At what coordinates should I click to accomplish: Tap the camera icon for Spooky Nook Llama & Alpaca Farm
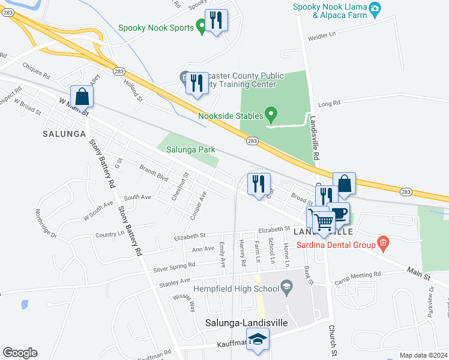coord(375,7)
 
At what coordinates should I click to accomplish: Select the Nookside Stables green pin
coord(271,113)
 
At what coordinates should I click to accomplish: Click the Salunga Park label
coord(190,150)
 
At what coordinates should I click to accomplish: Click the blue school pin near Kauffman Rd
coord(259,340)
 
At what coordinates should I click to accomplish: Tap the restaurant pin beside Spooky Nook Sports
coord(215,20)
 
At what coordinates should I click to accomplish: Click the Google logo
coord(20,353)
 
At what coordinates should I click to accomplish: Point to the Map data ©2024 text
coord(423,355)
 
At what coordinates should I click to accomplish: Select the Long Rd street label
coord(328,104)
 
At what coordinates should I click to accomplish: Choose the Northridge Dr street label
coord(46,223)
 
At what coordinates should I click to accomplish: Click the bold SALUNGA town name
coord(64,134)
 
